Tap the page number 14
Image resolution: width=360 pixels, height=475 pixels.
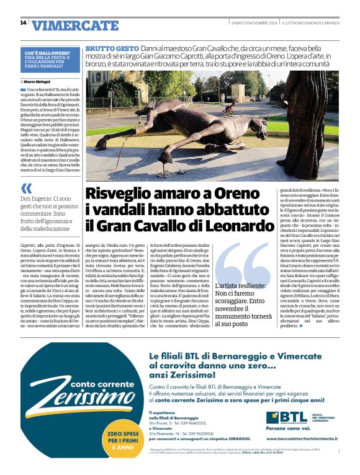(23, 23)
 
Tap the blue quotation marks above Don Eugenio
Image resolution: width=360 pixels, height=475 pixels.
(26, 188)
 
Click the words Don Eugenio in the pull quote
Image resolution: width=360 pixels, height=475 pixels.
(37, 198)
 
